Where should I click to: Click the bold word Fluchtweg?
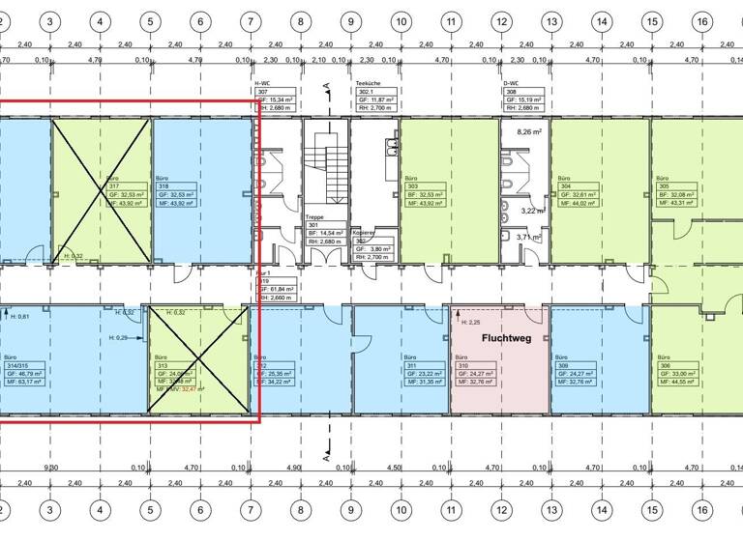(499, 340)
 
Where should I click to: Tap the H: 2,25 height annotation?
(471, 322)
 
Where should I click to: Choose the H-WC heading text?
(261, 84)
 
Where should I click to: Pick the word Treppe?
(313, 218)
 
